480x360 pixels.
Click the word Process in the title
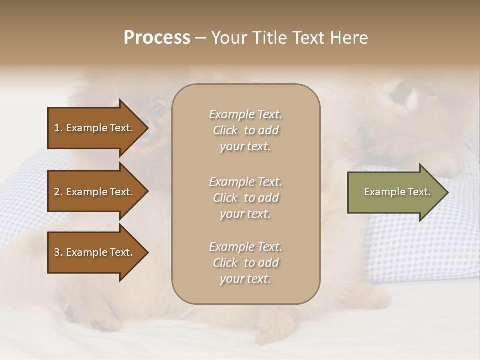157,38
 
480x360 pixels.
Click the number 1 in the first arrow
57,128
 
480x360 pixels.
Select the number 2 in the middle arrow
57,192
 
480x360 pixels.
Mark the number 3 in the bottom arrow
57,252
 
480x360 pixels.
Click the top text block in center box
245,130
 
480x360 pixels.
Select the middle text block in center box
245,198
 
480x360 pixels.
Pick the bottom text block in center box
245,263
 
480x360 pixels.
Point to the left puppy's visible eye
158,110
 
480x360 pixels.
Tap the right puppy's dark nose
403,91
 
